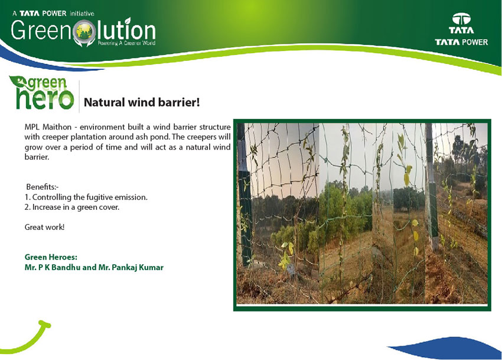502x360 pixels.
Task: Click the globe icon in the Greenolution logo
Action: coord(84,32)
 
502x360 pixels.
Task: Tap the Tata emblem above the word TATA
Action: coord(461,19)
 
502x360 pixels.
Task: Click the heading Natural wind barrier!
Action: coord(142,103)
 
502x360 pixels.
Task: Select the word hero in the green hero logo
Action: coord(45,98)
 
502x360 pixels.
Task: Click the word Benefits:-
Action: coord(43,187)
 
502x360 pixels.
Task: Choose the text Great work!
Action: coord(44,227)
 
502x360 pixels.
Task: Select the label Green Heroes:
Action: coord(51,257)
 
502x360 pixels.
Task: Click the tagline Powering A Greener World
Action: coord(126,43)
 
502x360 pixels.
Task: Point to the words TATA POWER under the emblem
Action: coord(461,42)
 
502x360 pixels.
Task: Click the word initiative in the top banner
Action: coord(82,14)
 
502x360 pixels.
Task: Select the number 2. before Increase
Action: coord(27,207)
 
